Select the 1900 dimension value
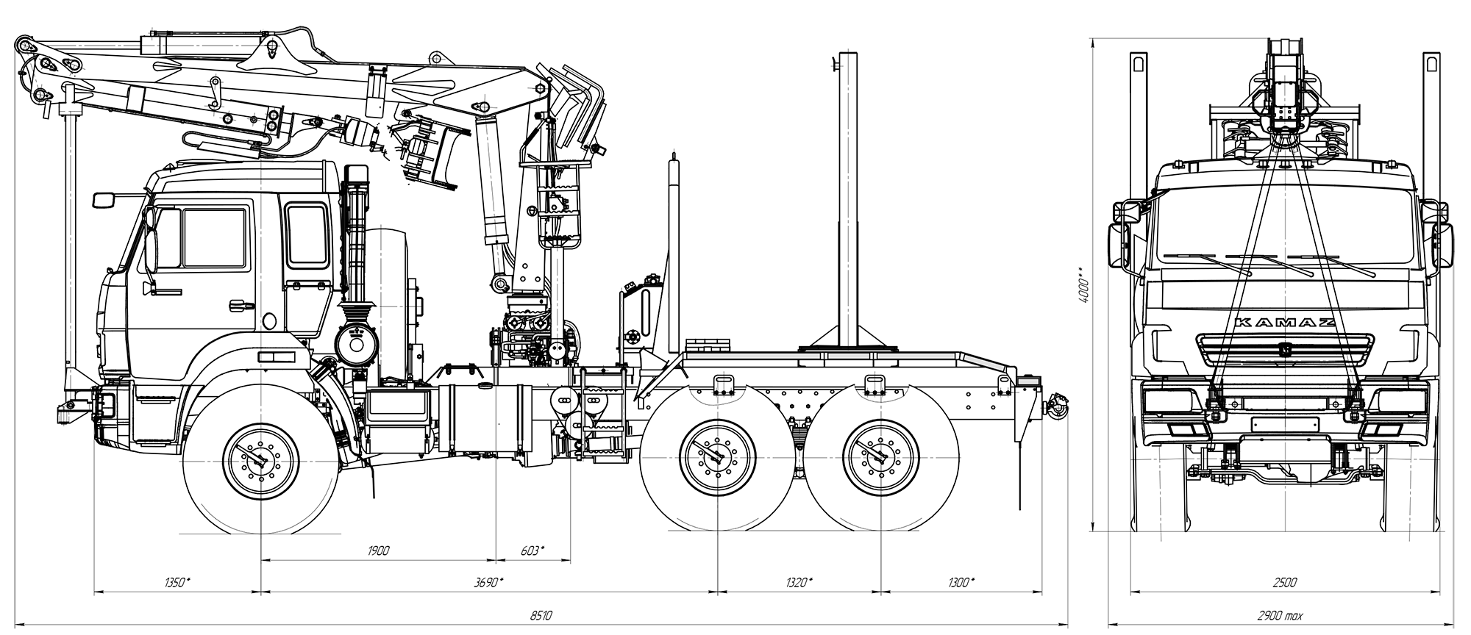[379, 550]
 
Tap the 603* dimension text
[532, 550]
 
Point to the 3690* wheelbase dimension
[489, 583]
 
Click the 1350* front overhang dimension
[177, 583]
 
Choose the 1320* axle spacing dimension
[798, 583]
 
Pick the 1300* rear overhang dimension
[961, 583]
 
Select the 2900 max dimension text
[1281, 616]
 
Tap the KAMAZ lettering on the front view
[1284, 323]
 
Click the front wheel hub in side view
[260, 460]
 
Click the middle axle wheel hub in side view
[718, 458]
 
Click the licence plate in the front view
[1284, 425]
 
